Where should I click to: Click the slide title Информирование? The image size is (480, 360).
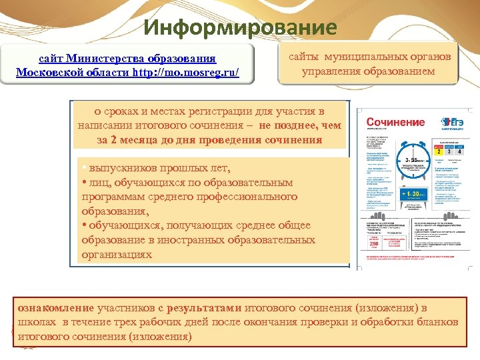(x=240, y=27)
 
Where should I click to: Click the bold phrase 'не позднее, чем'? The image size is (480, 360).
(x=301, y=125)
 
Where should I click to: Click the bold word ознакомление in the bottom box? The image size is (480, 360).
(x=56, y=308)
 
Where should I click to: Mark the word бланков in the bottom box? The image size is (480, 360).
(x=437, y=322)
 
